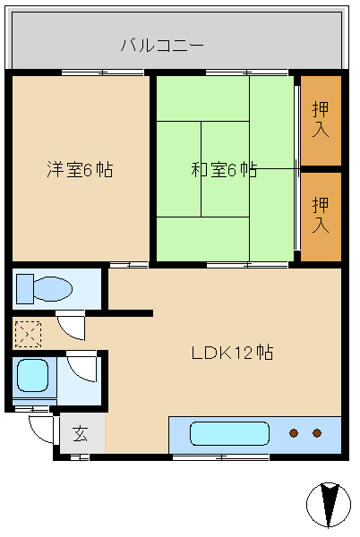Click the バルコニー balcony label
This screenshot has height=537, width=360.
click(162, 46)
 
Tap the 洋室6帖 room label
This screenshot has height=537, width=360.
click(80, 169)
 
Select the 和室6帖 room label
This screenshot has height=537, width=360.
click(224, 169)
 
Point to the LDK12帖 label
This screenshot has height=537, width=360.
click(232, 353)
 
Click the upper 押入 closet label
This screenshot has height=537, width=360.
click(321, 119)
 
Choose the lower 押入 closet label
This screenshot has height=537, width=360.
click(321, 215)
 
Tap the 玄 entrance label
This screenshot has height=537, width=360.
click(80, 433)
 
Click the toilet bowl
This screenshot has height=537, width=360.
click(53, 289)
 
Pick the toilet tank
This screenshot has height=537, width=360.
click(25, 289)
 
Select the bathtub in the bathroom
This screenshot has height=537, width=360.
click(32, 375)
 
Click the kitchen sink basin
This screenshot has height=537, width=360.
click(229, 433)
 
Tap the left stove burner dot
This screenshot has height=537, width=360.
click(294, 433)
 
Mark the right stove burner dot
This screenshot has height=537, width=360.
click(317, 433)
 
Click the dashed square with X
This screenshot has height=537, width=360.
click(28, 334)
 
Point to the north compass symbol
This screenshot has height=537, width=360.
click(329, 505)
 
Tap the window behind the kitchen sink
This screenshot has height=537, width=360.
click(220, 456)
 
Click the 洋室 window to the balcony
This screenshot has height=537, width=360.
click(102, 72)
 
